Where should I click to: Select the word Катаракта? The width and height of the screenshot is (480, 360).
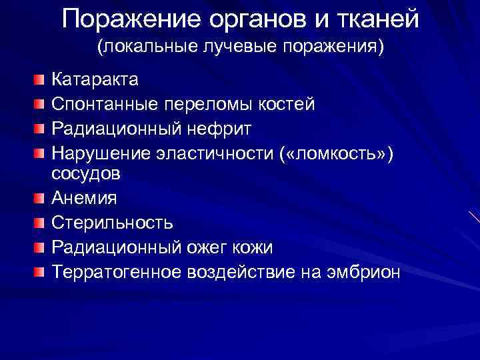(x=95, y=81)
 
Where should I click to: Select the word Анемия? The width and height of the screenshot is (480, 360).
(x=84, y=198)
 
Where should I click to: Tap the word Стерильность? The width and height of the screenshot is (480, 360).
(x=113, y=223)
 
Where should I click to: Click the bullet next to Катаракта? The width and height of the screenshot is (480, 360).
(x=41, y=81)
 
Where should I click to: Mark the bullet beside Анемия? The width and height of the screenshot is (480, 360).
(x=41, y=198)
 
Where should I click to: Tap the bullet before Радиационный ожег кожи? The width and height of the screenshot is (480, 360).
(x=41, y=247)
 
